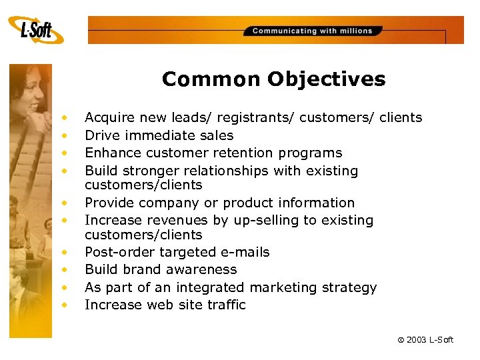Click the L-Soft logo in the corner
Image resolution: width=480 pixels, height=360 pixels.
coord(36,31)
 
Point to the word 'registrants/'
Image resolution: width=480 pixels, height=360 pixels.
coord(255,118)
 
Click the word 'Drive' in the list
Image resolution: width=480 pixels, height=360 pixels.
coord(101,135)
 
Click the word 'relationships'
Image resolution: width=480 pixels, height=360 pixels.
coord(225,171)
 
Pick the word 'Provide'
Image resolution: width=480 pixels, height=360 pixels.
coord(109,203)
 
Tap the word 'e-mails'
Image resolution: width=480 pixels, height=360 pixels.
coord(247,252)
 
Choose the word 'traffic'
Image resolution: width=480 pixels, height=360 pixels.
coord(227,305)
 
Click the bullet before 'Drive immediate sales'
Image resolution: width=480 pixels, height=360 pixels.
coord(65,135)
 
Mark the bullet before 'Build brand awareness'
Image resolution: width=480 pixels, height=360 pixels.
coord(65,270)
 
